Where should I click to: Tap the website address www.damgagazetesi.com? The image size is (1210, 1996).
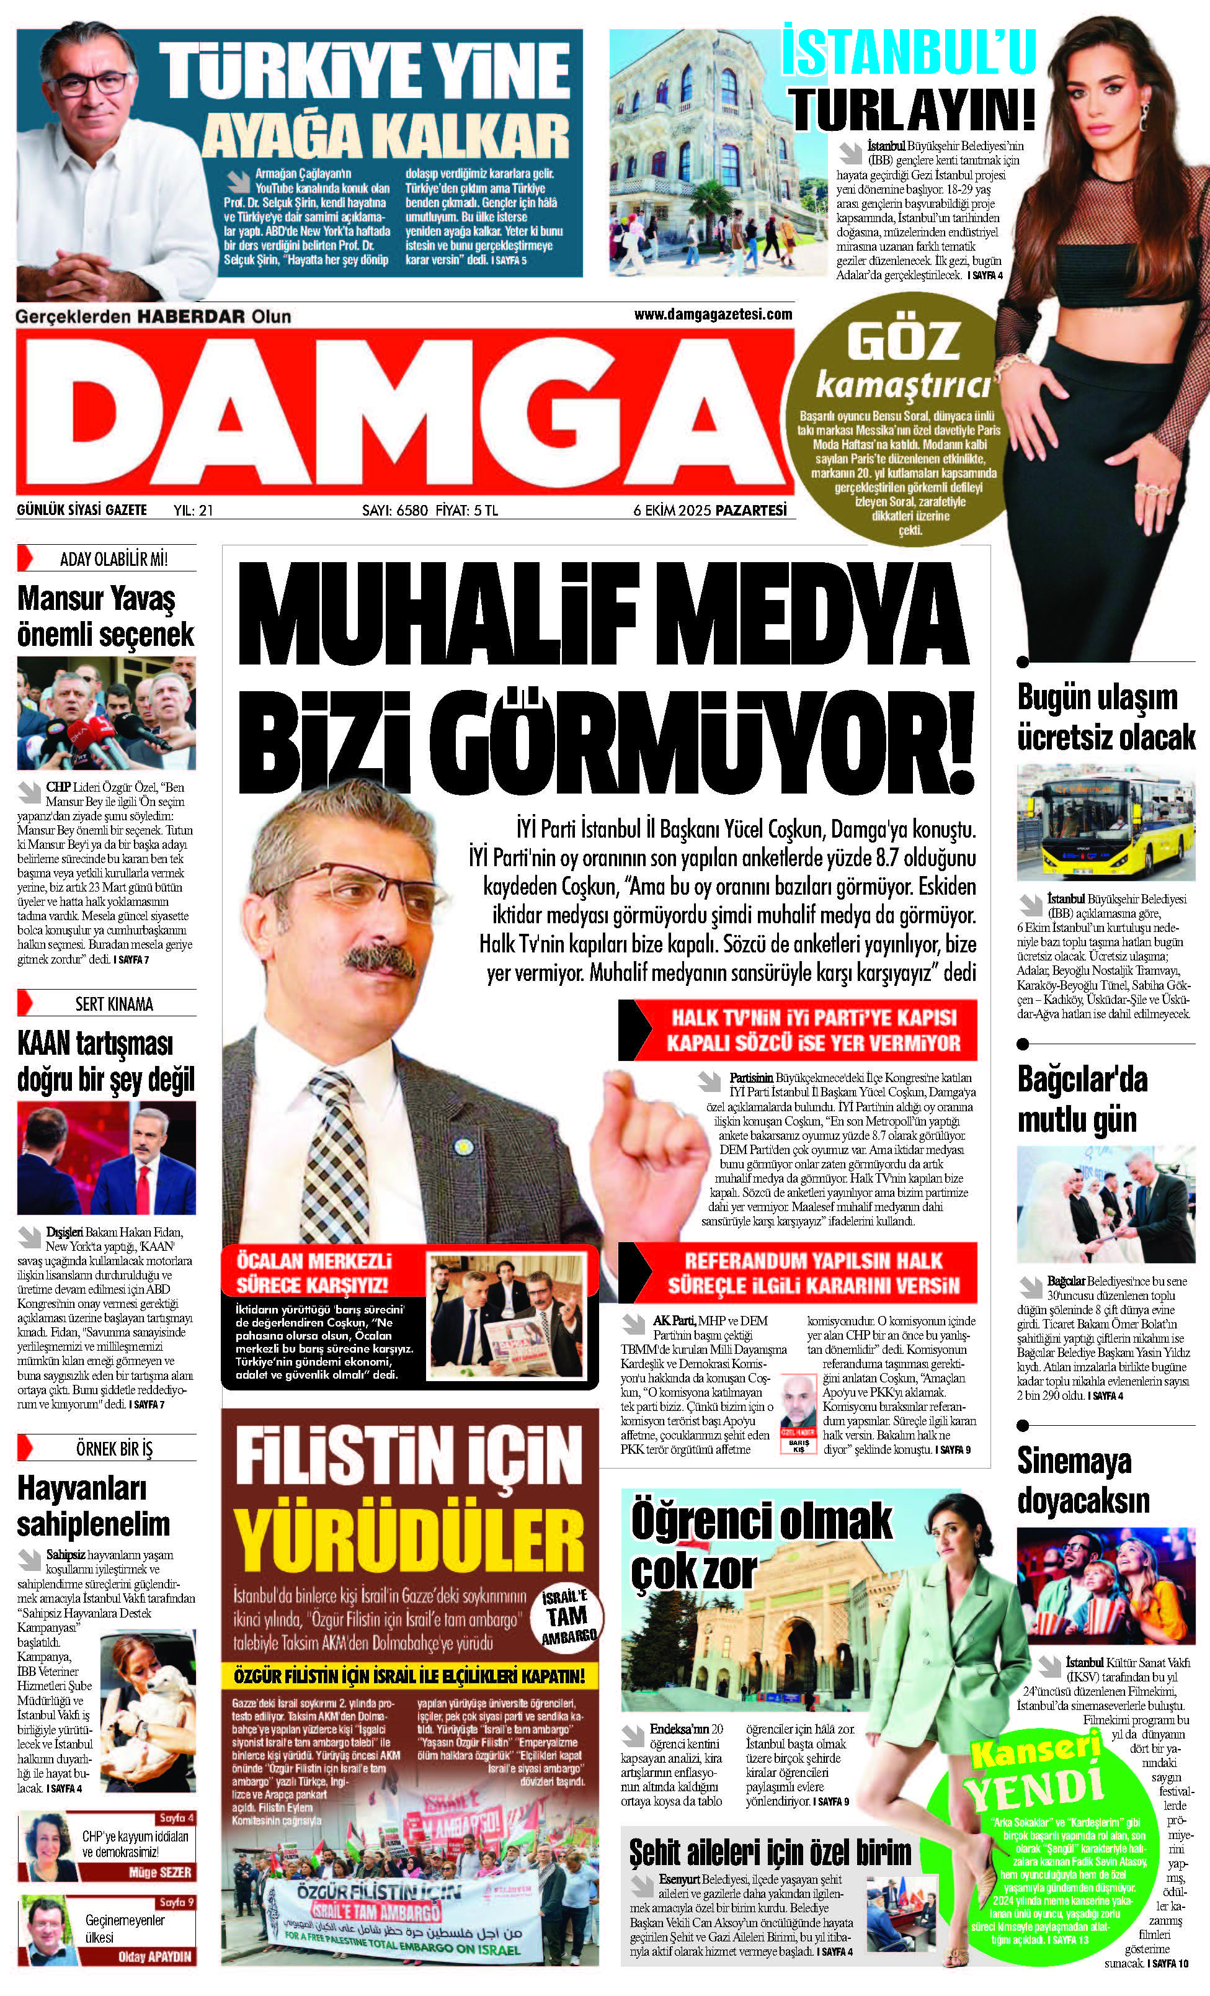713,315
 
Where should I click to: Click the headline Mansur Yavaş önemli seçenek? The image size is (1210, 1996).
105,617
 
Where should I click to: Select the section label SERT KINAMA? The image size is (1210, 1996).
113,1005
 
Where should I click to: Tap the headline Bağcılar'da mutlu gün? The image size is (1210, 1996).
1082,1100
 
